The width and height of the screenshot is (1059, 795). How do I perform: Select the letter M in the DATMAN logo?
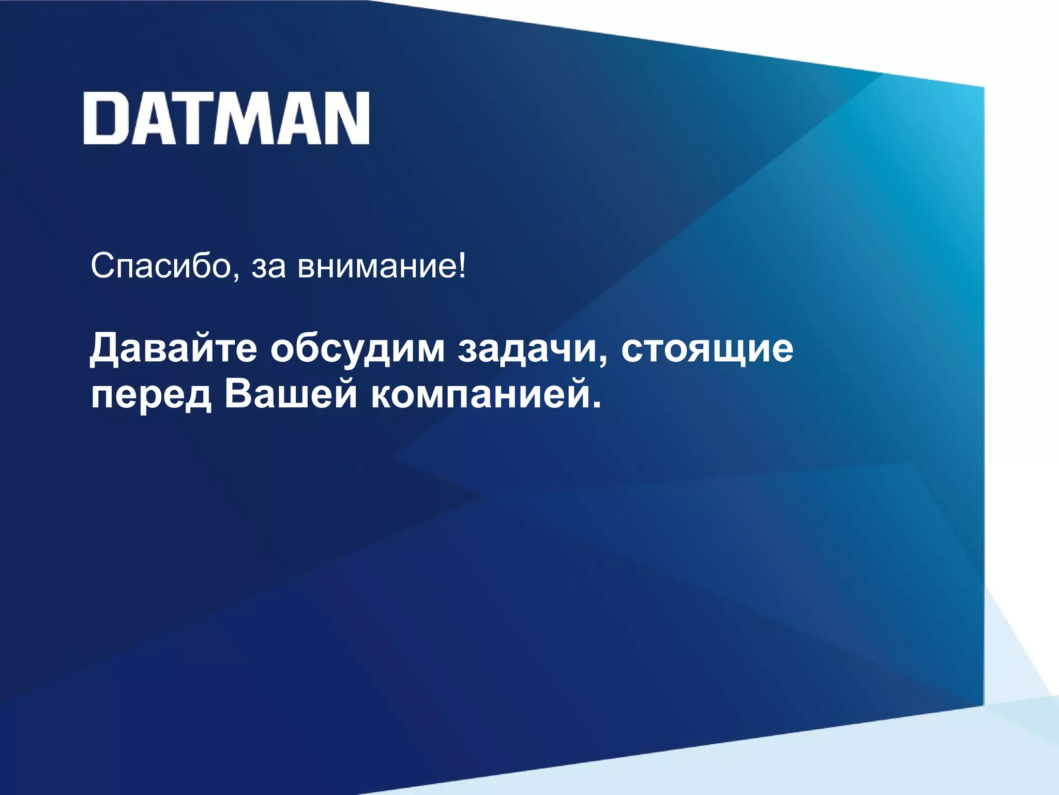(x=252, y=119)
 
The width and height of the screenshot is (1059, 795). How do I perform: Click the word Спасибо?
(x=160, y=267)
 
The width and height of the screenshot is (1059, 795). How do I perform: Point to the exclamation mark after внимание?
(x=462, y=266)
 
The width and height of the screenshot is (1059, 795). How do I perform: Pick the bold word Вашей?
(x=291, y=394)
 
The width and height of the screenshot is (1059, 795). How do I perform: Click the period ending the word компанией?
(x=597, y=404)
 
